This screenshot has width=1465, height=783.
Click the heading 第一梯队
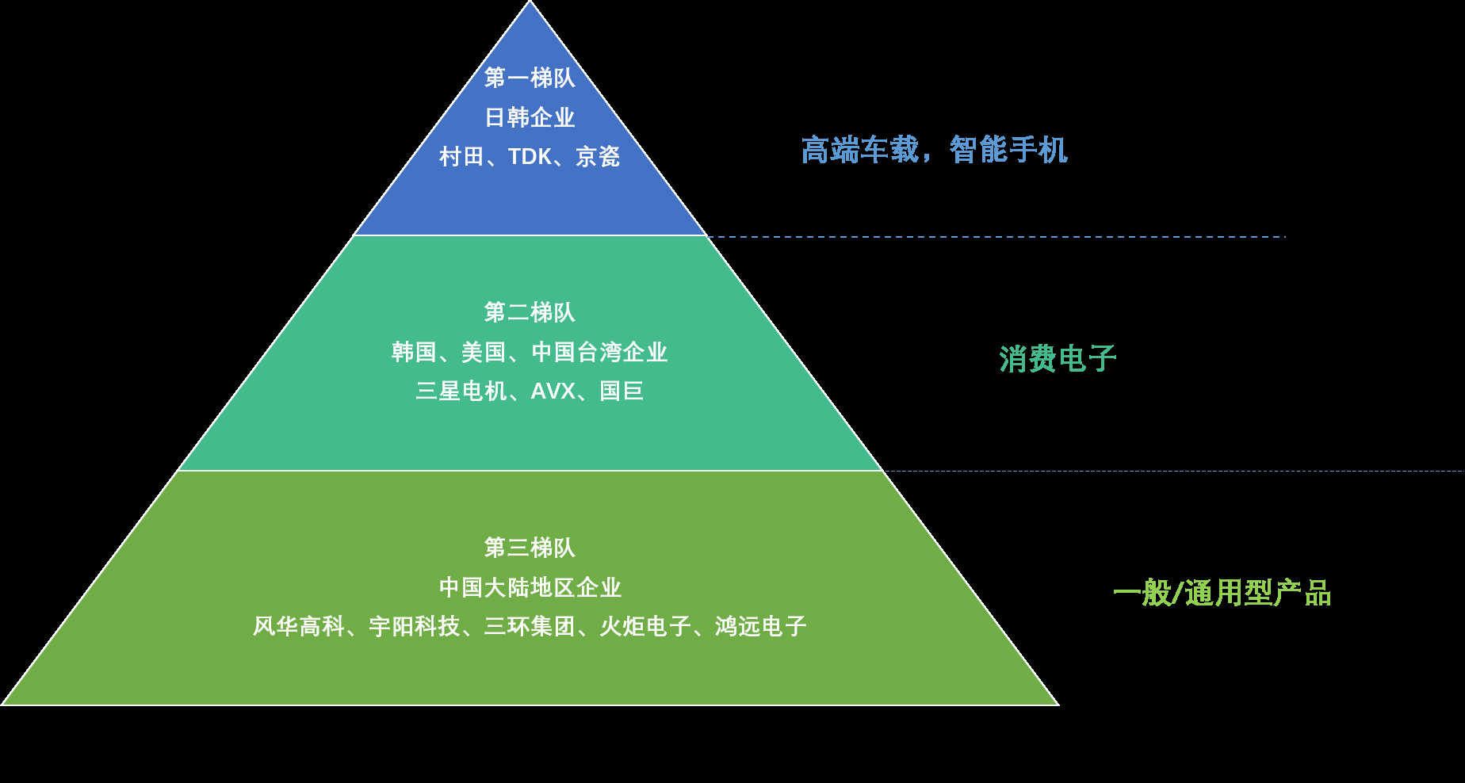[x=530, y=78]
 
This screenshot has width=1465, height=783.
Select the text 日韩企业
[x=530, y=117]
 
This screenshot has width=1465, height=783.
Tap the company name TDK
[x=530, y=156]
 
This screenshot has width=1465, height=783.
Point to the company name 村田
[x=461, y=156]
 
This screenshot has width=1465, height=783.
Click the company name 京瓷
[x=598, y=156]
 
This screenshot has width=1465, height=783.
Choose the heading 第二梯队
[x=530, y=312]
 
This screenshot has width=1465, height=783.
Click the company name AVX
[x=553, y=391]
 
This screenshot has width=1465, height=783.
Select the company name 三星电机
[x=461, y=391]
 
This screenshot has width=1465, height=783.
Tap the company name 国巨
[x=622, y=391]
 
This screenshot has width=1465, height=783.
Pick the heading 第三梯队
[x=530, y=548]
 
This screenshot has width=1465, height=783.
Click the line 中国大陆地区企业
[x=530, y=587]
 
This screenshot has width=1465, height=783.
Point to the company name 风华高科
[x=299, y=626]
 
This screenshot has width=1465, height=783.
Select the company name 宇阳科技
[x=415, y=626]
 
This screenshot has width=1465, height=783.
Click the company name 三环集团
[x=530, y=626]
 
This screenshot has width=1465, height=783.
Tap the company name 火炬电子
[x=645, y=626]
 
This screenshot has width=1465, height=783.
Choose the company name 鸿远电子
[x=761, y=626]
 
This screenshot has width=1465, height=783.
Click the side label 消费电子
[x=1058, y=359]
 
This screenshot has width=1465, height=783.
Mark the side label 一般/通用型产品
[x=1222, y=593]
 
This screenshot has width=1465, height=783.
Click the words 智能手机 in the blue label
[x=1008, y=150]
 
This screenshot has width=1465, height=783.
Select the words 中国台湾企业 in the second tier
[x=599, y=352]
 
